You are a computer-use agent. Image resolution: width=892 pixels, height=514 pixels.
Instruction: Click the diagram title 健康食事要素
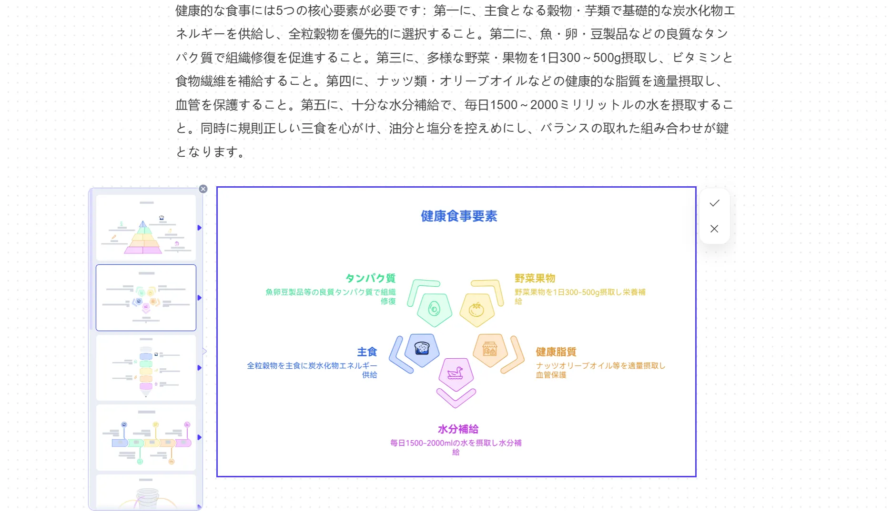pyautogui.click(x=458, y=216)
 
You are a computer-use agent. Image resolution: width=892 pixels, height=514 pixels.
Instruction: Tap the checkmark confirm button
pyautogui.click(x=714, y=203)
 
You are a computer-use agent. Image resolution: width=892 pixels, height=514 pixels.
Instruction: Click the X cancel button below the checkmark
pyautogui.click(x=714, y=229)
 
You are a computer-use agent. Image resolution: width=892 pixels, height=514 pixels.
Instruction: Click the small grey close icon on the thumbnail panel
pyautogui.click(x=203, y=189)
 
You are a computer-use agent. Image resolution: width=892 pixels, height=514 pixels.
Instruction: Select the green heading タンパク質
pyautogui.click(x=370, y=278)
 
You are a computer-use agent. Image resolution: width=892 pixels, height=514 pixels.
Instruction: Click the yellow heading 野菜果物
pyautogui.click(x=535, y=278)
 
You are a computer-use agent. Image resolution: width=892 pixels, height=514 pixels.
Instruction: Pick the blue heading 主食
pyautogui.click(x=367, y=352)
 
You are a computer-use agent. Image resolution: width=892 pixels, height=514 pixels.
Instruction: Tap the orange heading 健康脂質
pyautogui.click(x=556, y=352)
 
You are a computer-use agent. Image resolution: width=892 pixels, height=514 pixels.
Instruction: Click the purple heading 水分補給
pyautogui.click(x=457, y=429)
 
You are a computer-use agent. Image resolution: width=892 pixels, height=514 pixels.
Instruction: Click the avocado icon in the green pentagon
pyautogui.click(x=434, y=309)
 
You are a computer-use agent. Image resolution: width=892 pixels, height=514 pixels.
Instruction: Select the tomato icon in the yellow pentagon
pyautogui.click(x=476, y=310)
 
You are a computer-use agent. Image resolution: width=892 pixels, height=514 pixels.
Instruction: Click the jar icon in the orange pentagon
pyautogui.click(x=489, y=350)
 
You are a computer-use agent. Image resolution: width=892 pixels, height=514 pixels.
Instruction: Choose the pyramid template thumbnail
pyautogui.click(x=146, y=228)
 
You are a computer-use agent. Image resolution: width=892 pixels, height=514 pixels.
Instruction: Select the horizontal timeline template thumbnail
pyautogui.click(x=146, y=438)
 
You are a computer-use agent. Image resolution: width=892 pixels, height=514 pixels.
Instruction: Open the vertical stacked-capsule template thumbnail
pyautogui.click(x=146, y=368)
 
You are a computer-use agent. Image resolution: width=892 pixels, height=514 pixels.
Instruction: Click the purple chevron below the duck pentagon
pyautogui.click(x=456, y=398)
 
